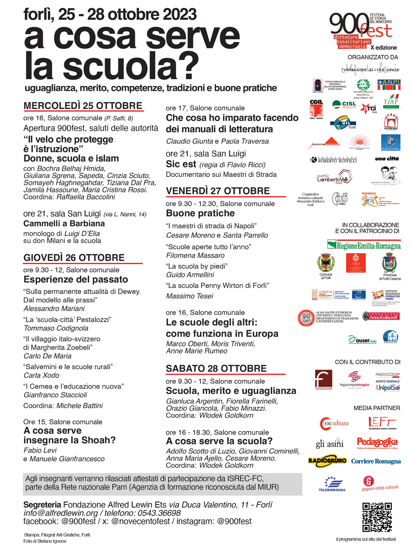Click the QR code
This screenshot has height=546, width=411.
377,517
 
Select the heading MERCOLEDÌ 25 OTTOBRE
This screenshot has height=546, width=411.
83,106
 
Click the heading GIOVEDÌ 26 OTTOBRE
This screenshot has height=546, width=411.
74,257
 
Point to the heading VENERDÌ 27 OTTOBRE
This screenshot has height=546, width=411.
218,191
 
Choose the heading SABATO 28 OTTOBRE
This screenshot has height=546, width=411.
216,368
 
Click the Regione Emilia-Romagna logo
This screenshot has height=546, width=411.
364,245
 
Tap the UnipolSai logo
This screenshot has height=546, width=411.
388,388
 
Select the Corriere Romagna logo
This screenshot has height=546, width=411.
376,461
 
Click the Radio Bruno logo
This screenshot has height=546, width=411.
327,461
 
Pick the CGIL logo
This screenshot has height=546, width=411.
316,109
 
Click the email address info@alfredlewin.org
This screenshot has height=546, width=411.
61,513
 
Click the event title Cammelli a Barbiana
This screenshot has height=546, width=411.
64,224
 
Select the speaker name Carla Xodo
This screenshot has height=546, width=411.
41,375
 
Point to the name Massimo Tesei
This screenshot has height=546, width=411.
189,296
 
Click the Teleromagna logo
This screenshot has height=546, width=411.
332,484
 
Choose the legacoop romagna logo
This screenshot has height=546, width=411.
354,379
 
